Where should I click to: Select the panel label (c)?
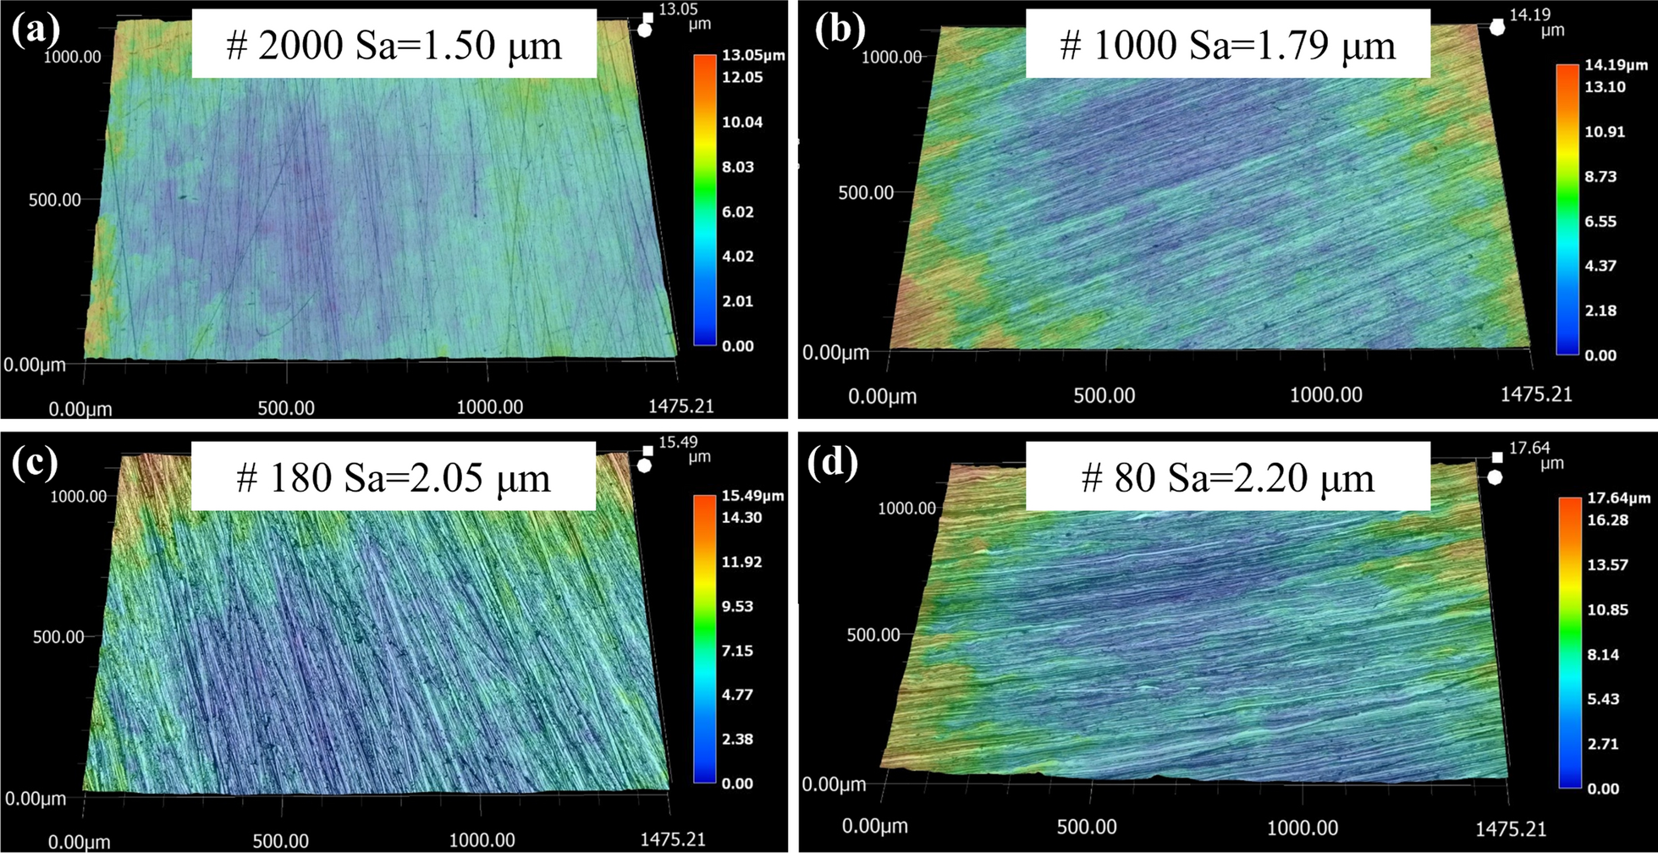coord(35,463)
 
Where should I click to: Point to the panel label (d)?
coord(832,463)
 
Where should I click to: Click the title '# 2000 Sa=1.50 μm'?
coord(394,44)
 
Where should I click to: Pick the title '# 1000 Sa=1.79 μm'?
coord(1228,44)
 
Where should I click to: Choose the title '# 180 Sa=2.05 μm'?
coord(394,477)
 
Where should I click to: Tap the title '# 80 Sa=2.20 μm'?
coord(1228,479)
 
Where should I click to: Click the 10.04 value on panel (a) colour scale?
coord(741,122)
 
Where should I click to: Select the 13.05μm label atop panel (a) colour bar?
coord(752,56)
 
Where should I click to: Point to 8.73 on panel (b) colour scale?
coord(1600,176)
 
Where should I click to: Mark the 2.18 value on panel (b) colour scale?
coord(1600,311)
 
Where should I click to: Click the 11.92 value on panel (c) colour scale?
coord(741,562)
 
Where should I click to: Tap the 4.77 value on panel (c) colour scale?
coord(736,695)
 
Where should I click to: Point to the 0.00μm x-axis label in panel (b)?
coord(883,396)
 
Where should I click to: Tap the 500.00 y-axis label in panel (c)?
coord(58,636)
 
